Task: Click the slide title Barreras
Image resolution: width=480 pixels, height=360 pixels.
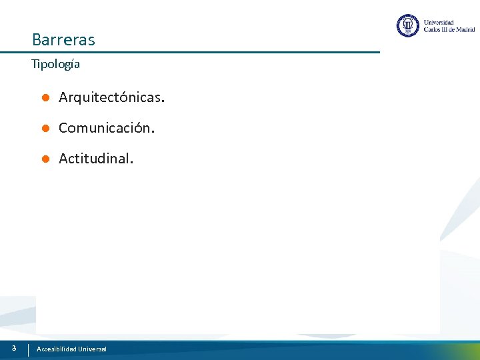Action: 63,40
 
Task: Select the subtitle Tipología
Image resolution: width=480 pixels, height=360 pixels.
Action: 55,65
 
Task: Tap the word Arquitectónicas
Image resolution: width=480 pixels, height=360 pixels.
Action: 111,98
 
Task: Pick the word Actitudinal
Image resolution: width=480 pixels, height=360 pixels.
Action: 95,159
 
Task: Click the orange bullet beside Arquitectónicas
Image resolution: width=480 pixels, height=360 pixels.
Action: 45,98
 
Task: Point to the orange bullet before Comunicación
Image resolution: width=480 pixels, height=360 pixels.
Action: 45,128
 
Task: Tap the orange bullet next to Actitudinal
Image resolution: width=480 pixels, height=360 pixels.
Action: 45,159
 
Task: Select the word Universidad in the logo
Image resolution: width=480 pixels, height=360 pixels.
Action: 438,22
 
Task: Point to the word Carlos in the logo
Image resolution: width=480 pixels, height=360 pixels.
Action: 432,29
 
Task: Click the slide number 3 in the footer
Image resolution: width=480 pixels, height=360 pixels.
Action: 13,348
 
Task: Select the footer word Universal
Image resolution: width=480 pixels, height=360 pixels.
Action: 92,349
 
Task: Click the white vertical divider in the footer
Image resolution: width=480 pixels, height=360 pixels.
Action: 28,349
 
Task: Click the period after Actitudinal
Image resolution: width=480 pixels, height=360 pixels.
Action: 131,162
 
